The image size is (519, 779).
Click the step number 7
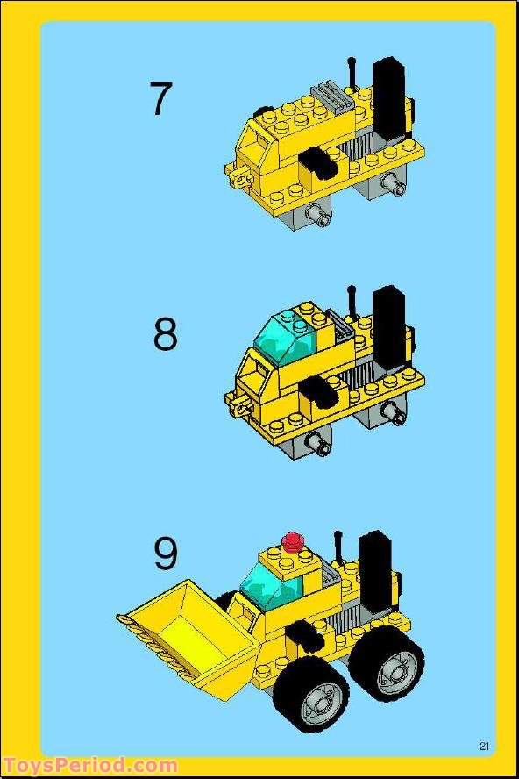tap(160, 98)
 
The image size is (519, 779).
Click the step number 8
tap(165, 334)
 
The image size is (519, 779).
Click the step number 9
tap(166, 554)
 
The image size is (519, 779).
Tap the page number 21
tap(484, 746)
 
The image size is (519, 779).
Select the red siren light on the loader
tap(292, 540)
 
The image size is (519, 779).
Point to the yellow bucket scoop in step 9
tap(193, 627)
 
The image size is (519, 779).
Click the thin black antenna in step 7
tap(352, 74)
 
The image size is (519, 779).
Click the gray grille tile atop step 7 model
tap(331, 93)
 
